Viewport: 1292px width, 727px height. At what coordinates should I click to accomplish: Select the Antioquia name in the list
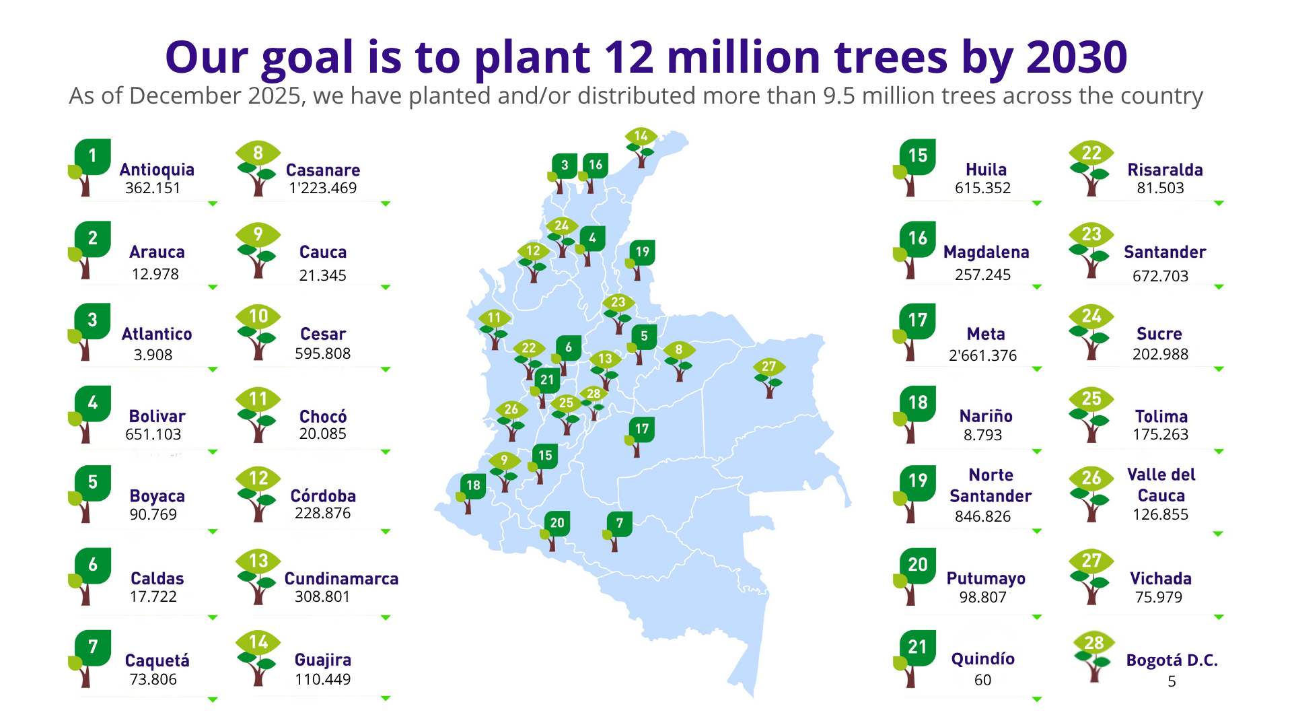157,170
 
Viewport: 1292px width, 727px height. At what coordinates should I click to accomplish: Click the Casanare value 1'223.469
323,188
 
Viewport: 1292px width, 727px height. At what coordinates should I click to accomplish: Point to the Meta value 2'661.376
982,355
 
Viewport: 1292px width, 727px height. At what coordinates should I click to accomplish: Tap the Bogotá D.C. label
1172,660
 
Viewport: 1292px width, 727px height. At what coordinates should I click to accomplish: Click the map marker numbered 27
768,378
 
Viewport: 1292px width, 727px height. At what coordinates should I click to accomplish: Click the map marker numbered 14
641,147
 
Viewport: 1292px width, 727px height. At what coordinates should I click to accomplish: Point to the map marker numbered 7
616,532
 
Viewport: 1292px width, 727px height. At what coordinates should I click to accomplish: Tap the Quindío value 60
982,680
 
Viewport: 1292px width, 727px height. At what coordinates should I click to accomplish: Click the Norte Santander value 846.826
982,516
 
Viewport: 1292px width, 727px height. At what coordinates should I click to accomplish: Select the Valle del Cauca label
1161,485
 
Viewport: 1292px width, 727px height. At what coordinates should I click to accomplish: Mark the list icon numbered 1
89,168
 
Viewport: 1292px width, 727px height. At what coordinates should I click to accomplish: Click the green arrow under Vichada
1219,617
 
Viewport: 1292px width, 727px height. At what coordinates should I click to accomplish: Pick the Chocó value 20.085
323,434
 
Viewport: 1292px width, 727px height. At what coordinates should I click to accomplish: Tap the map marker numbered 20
554,531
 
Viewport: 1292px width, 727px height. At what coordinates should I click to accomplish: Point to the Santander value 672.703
1160,275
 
